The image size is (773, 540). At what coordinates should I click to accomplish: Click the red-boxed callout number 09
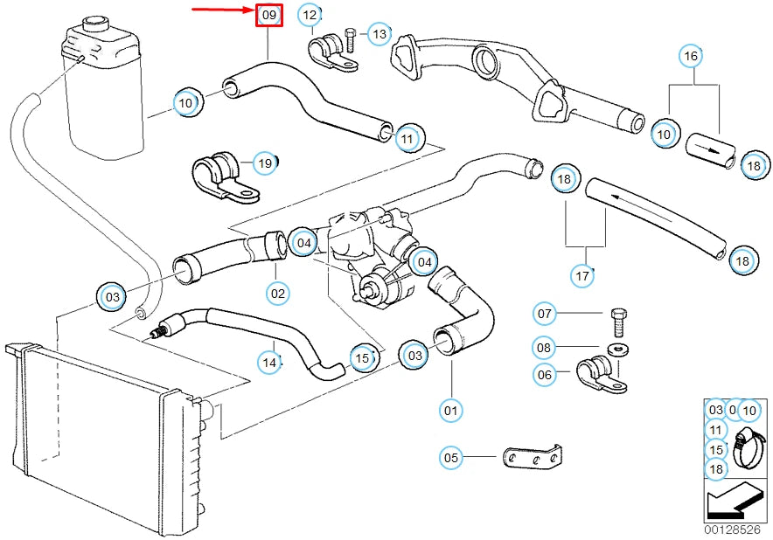pyautogui.click(x=268, y=15)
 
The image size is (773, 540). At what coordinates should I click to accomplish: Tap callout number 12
pyautogui.click(x=309, y=15)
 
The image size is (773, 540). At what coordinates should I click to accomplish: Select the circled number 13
pyautogui.click(x=379, y=34)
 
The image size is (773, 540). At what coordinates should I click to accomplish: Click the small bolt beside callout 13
pyautogui.click(x=350, y=38)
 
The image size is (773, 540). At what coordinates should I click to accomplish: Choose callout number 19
pyautogui.click(x=265, y=163)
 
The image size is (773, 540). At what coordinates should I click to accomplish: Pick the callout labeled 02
pyautogui.click(x=277, y=294)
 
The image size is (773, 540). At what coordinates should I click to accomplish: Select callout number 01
pyautogui.click(x=452, y=409)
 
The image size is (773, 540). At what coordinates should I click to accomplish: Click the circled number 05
pyautogui.click(x=451, y=456)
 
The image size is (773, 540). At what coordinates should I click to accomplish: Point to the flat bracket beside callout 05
pyautogui.click(x=532, y=457)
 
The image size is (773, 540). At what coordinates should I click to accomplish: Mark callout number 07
pyautogui.click(x=545, y=314)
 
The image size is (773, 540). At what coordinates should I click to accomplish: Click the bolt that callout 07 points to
pyautogui.click(x=619, y=321)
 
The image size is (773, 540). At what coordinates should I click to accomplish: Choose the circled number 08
pyautogui.click(x=545, y=348)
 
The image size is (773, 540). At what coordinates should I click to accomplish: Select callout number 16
pyautogui.click(x=691, y=57)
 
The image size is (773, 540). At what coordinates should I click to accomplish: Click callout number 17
pyautogui.click(x=582, y=275)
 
